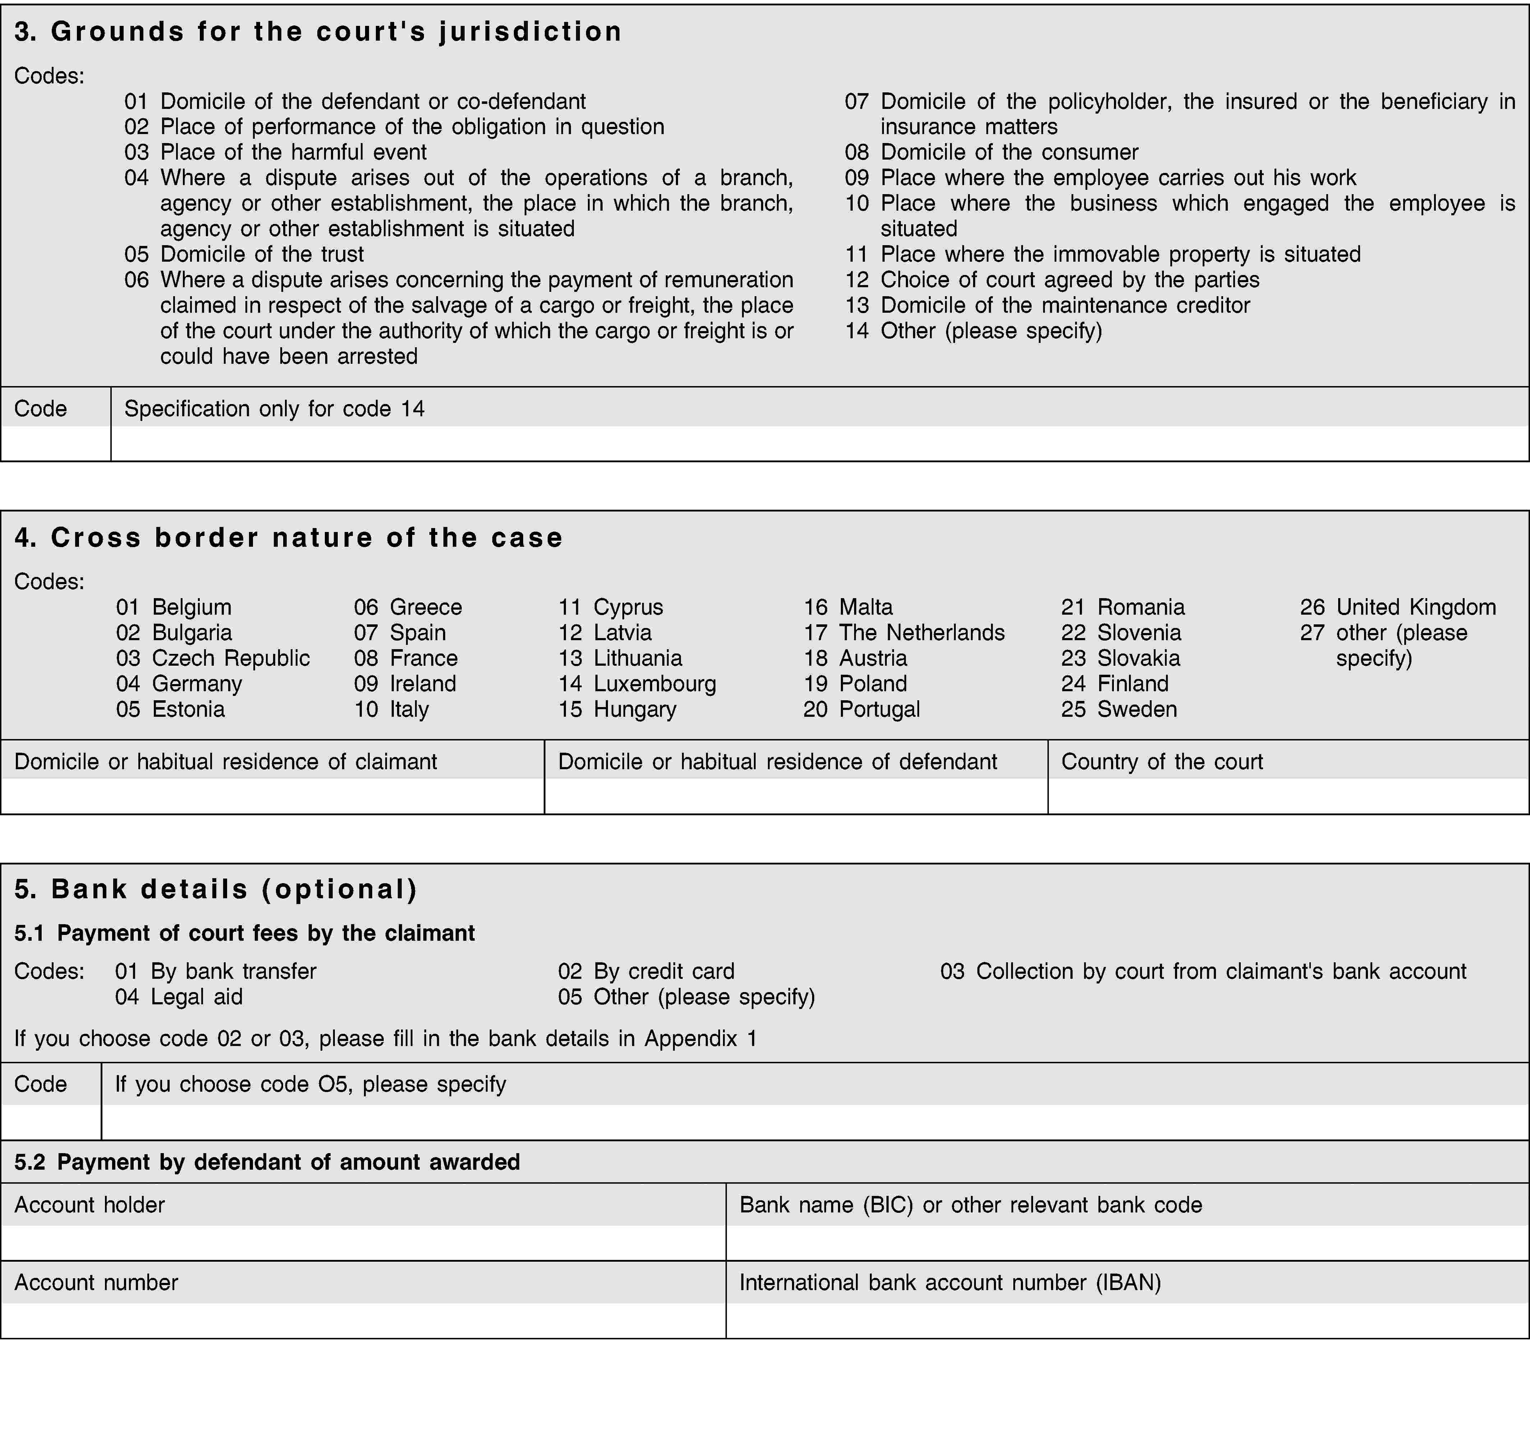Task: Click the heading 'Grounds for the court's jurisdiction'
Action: coord(318,32)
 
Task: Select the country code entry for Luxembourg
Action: coord(637,684)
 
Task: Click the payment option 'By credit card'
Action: coord(646,972)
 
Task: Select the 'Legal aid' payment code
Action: coord(179,997)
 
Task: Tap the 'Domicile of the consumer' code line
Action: coord(991,152)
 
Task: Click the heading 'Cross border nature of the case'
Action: coord(289,537)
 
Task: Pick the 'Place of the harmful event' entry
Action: coord(276,152)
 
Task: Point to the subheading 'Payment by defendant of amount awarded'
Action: coord(267,1161)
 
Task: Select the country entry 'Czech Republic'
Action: coord(213,658)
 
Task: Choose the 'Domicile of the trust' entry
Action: coord(244,254)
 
